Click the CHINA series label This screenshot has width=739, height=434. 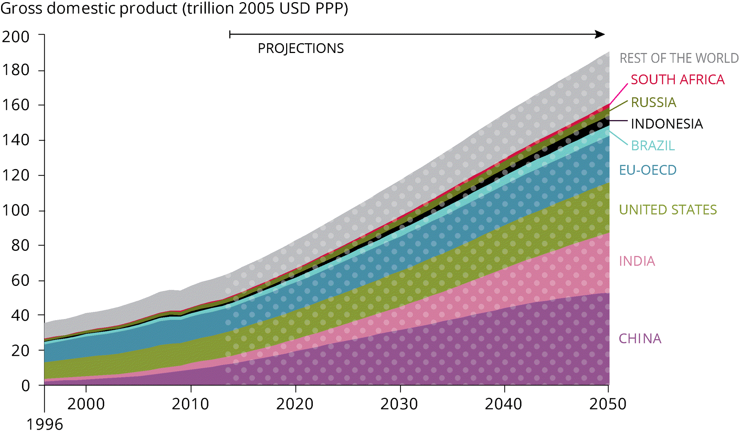640,338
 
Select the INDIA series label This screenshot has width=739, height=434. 637,261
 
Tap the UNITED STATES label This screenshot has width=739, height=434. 668,209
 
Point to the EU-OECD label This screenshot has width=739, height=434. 648,170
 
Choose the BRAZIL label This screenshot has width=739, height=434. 653,146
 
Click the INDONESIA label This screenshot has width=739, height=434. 667,124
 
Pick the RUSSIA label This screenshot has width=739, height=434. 653,102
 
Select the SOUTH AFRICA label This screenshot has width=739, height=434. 677,80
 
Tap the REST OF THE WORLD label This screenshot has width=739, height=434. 679,58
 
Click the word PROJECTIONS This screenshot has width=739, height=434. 301,48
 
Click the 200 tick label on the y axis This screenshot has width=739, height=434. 16,37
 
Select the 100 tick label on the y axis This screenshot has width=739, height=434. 16,210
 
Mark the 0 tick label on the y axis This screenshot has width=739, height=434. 26,386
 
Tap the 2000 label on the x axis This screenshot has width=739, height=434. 86,404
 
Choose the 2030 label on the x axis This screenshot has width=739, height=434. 399,404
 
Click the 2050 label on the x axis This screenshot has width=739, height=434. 608,404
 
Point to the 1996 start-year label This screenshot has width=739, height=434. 45,424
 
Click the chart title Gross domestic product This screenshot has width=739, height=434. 174,9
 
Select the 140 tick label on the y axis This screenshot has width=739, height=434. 16,140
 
